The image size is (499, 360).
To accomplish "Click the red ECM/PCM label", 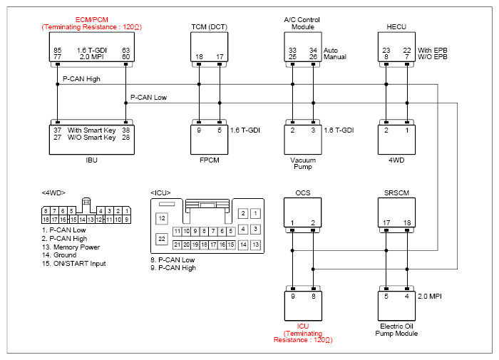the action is (x=92, y=20).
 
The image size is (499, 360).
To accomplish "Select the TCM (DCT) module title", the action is (x=209, y=27).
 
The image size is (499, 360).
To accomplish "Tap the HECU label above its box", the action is (x=396, y=27).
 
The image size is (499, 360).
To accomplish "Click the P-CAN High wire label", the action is (x=81, y=79).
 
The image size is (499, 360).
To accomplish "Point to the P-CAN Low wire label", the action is (x=148, y=98).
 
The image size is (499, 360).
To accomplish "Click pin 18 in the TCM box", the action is (x=199, y=57).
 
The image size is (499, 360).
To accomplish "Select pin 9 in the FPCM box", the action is (x=199, y=130).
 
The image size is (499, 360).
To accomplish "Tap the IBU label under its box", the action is (x=92, y=160).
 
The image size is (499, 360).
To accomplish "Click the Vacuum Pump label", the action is (x=303, y=163).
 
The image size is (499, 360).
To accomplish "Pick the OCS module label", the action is (x=303, y=193).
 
